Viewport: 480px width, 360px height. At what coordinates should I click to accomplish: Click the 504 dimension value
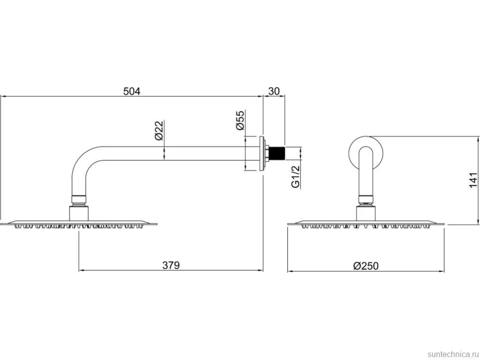tap(132, 91)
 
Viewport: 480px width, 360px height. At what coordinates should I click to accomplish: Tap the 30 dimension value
tap(274, 91)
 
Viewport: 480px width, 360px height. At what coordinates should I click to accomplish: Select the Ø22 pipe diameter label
tap(159, 131)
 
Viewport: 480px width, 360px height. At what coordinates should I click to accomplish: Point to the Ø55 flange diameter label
tap(240, 120)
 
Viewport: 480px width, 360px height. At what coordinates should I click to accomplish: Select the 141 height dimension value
tap(473, 180)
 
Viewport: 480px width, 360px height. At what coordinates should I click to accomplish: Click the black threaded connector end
tap(277, 153)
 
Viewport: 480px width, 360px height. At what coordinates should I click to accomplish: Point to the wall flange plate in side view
tap(262, 153)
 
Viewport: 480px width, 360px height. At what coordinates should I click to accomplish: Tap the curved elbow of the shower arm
tap(81, 159)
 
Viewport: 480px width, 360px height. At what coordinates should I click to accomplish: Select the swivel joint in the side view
tap(80, 200)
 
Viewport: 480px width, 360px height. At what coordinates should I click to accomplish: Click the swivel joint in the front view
tap(366, 200)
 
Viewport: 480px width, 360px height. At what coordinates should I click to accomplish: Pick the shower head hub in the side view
tap(80, 213)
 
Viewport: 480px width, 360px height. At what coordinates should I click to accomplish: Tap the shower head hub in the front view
tap(366, 213)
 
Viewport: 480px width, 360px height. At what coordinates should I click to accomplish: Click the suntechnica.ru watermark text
tap(452, 354)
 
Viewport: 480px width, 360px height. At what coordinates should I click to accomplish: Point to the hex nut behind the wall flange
tap(267, 153)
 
